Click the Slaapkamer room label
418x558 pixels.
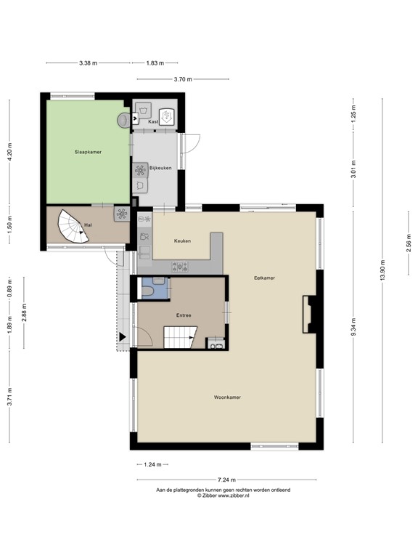click(87, 153)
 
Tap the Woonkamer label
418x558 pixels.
click(227, 397)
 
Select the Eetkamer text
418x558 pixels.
click(264, 278)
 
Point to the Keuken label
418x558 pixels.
click(182, 240)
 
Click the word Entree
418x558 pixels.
click(184, 315)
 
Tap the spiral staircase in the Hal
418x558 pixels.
click(71, 225)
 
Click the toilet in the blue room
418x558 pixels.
click(148, 291)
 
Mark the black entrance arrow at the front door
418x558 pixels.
click(123, 337)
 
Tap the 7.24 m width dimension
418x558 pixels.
click(226, 480)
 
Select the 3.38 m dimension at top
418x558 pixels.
click(89, 63)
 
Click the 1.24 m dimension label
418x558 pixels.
click(153, 464)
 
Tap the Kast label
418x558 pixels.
click(153, 122)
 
